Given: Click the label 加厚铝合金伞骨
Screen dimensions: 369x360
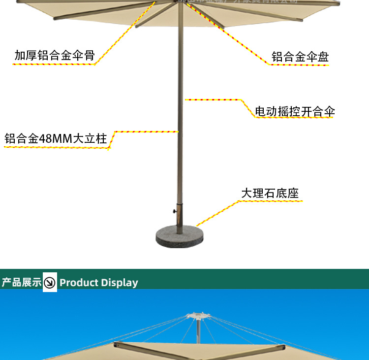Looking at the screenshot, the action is (54, 55).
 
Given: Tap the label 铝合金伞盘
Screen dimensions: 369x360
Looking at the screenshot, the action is (300, 57).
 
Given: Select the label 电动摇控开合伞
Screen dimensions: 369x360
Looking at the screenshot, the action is (295, 112).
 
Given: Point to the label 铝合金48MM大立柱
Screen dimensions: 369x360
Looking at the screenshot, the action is (56, 138).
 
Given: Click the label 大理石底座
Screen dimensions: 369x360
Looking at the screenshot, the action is (270, 193).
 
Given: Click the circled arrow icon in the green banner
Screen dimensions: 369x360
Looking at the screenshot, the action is (50, 282).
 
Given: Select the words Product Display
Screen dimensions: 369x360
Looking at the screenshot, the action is (98, 283).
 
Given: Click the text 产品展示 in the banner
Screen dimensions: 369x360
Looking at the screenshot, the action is (21, 282).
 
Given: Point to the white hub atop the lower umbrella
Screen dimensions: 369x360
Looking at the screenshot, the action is (197, 315).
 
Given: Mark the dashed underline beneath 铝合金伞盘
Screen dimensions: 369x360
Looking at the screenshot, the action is (300, 65).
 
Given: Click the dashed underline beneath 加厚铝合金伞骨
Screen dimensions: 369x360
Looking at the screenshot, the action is (54, 64).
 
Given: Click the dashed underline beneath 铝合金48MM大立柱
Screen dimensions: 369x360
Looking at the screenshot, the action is (56, 147).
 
